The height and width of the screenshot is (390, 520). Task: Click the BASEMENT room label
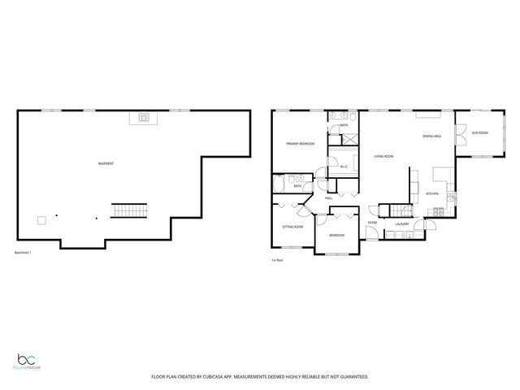[x=106, y=164]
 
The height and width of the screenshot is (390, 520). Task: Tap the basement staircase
[x=128, y=211]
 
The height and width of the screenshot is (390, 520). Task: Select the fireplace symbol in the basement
[x=145, y=118]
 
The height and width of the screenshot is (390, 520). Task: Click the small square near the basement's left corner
[x=40, y=219]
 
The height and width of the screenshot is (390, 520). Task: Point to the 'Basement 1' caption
[x=24, y=253]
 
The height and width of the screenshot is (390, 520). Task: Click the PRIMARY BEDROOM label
[x=301, y=144]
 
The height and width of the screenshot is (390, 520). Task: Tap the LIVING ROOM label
[x=383, y=156]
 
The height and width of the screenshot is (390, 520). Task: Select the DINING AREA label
[x=431, y=136]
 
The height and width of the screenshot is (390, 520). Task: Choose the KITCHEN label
[x=433, y=193]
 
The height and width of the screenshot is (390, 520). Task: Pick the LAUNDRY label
[x=401, y=223]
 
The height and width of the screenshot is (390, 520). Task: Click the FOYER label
[x=372, y=223]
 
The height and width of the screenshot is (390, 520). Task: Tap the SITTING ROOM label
[x=292, y=227]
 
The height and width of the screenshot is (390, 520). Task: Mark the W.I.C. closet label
[x=344, y=167]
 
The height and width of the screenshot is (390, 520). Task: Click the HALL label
[x=329, y=198]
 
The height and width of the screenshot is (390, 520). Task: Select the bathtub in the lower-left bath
[x=279, y=186]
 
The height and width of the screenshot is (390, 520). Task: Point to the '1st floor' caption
[x=279, y=261]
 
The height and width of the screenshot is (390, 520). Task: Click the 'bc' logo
[x=29, y=360]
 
